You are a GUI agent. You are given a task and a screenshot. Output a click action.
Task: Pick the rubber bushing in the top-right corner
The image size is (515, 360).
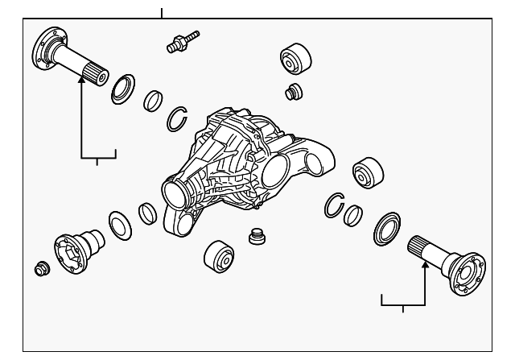(x=295, y=60)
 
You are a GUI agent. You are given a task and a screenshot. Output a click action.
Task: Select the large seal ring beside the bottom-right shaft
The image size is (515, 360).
(x=387, y=229)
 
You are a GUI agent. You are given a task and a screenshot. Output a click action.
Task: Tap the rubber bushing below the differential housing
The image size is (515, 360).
(x=218, y=256)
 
